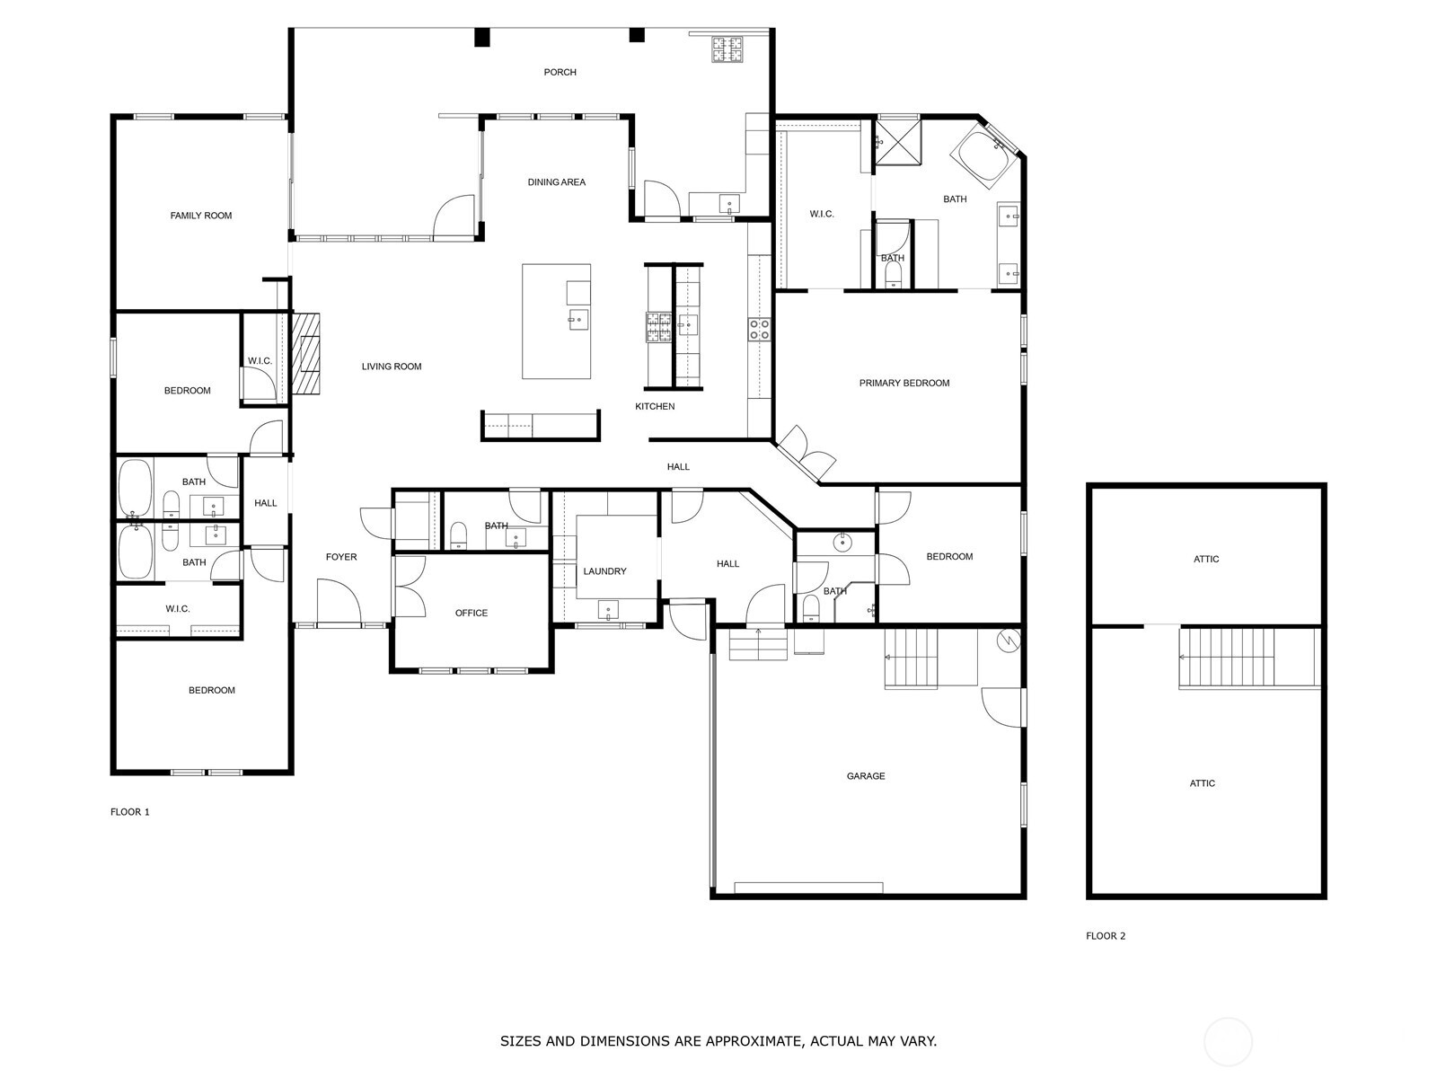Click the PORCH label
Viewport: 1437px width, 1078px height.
click(x=560, y=72)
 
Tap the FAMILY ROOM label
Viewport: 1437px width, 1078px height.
click(x=201, y=216)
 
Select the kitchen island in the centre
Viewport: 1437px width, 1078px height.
click(x=557, y=322)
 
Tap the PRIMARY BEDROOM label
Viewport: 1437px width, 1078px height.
click(x=904, y=384)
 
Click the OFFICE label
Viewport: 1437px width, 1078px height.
click(x=471, y=614)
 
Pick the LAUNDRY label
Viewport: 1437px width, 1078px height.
click(x=604, y=571)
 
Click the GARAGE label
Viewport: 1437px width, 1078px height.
click(x=866, y=776)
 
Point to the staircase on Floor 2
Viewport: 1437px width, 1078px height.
click(x=1227, y=658)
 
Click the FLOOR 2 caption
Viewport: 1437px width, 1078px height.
click(x=1106, y=936)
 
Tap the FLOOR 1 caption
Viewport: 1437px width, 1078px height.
click(x=130, y=812)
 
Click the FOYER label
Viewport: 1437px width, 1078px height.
click(x=340, y=557)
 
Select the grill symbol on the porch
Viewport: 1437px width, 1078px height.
click(x=727, y=49)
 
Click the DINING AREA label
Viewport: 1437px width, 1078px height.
click(x=556, y=182)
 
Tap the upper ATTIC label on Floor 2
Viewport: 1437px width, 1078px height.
click(x=1206, y=559)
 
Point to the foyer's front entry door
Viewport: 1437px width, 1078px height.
click(x=338, y=604)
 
